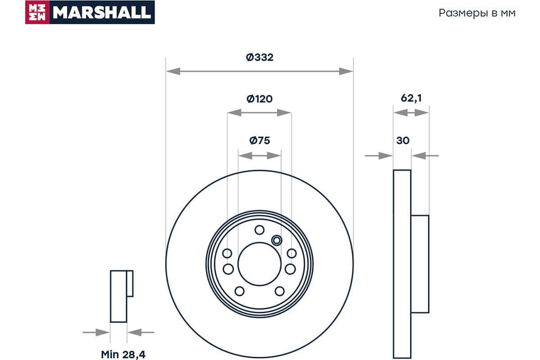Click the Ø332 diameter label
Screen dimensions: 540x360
coord(259,58)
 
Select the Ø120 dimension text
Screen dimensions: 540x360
coord(259,99)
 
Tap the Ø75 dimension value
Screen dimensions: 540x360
coord(259,140)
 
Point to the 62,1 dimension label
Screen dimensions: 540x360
coord(411,98)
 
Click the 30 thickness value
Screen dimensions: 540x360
coord(403,140)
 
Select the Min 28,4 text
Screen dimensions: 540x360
coord(123,355)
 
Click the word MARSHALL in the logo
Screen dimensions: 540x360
coord(102,12)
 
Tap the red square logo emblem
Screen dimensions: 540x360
coord(37,12)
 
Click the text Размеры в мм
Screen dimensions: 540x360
coord(477,13)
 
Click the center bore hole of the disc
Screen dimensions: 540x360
coord(259,264)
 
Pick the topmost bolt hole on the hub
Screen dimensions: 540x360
coord(259,230)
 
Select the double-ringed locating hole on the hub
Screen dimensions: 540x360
coord(276,240)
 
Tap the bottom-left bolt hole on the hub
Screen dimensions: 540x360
coord(239,291)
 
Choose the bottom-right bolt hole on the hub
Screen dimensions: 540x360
coord(279,291)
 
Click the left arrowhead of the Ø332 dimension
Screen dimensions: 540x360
coord(173,72)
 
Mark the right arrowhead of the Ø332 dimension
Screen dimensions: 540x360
coord(346,72)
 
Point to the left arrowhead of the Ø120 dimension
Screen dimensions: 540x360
coord(234,112)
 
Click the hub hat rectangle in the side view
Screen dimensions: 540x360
coord(420,264)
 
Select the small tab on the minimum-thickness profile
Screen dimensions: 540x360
coord(130,283)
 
